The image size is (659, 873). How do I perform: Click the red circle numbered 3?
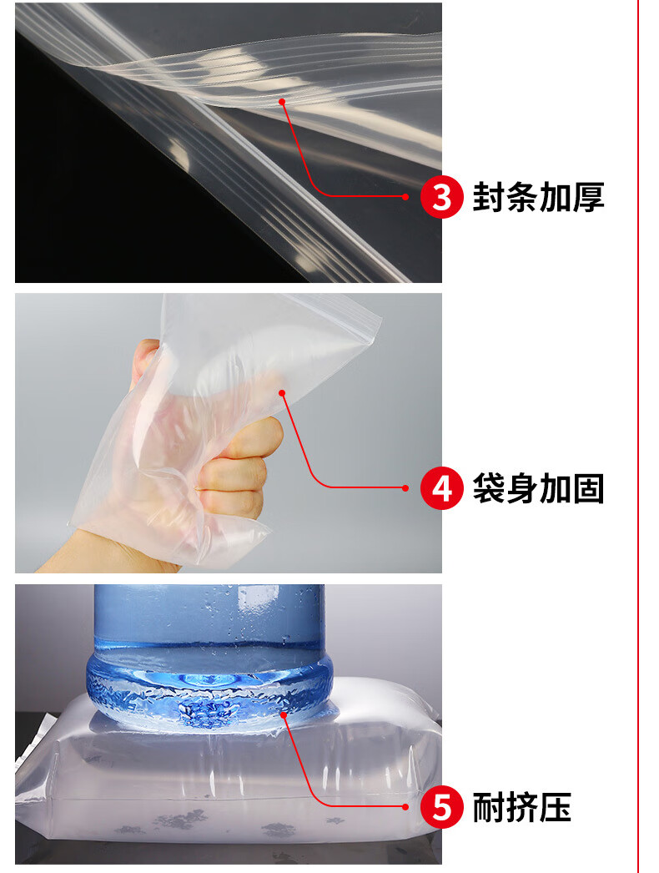(x=441, y=196)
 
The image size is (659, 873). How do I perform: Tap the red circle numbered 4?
(x=441, y=488)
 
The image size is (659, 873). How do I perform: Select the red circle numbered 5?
(x=441, y=807)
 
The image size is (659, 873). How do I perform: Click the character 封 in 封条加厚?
(x=489, y=196)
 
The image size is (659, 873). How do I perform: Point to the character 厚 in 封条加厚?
(x=588, y=196)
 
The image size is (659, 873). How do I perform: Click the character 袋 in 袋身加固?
(x=489, y=488)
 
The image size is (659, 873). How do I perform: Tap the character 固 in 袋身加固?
(x=588, y=488)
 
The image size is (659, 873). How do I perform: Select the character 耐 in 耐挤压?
(x=489, y=807)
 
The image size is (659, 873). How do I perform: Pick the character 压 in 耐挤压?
(x=555, y=807)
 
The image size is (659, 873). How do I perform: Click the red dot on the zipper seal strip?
(x=282, y=101)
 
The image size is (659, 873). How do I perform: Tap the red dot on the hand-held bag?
(x=282, y=393)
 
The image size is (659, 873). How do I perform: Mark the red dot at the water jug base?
(x=284, y=714)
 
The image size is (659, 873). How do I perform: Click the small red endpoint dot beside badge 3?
(x=405, y=196)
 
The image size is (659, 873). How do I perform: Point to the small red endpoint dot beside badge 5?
(x=405, y=807)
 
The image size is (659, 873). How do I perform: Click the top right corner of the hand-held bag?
(x=382, y=317)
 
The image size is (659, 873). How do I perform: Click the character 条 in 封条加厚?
(x=521, y=196)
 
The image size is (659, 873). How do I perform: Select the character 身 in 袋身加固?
(x=521, y=488)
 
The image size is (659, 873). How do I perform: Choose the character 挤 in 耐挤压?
(x=521, y=807)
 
